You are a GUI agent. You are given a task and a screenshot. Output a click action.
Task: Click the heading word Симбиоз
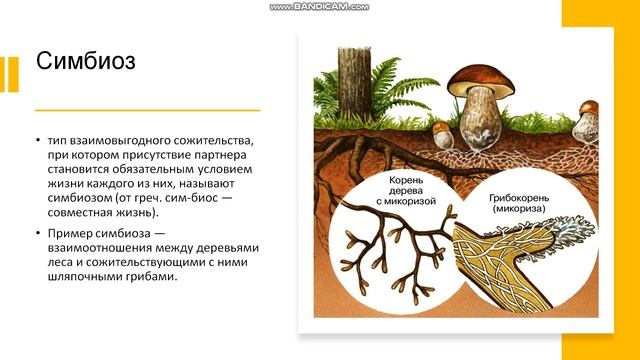[x=86, y=61]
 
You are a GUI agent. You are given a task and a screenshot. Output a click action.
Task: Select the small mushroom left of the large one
[x=442, y=133]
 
